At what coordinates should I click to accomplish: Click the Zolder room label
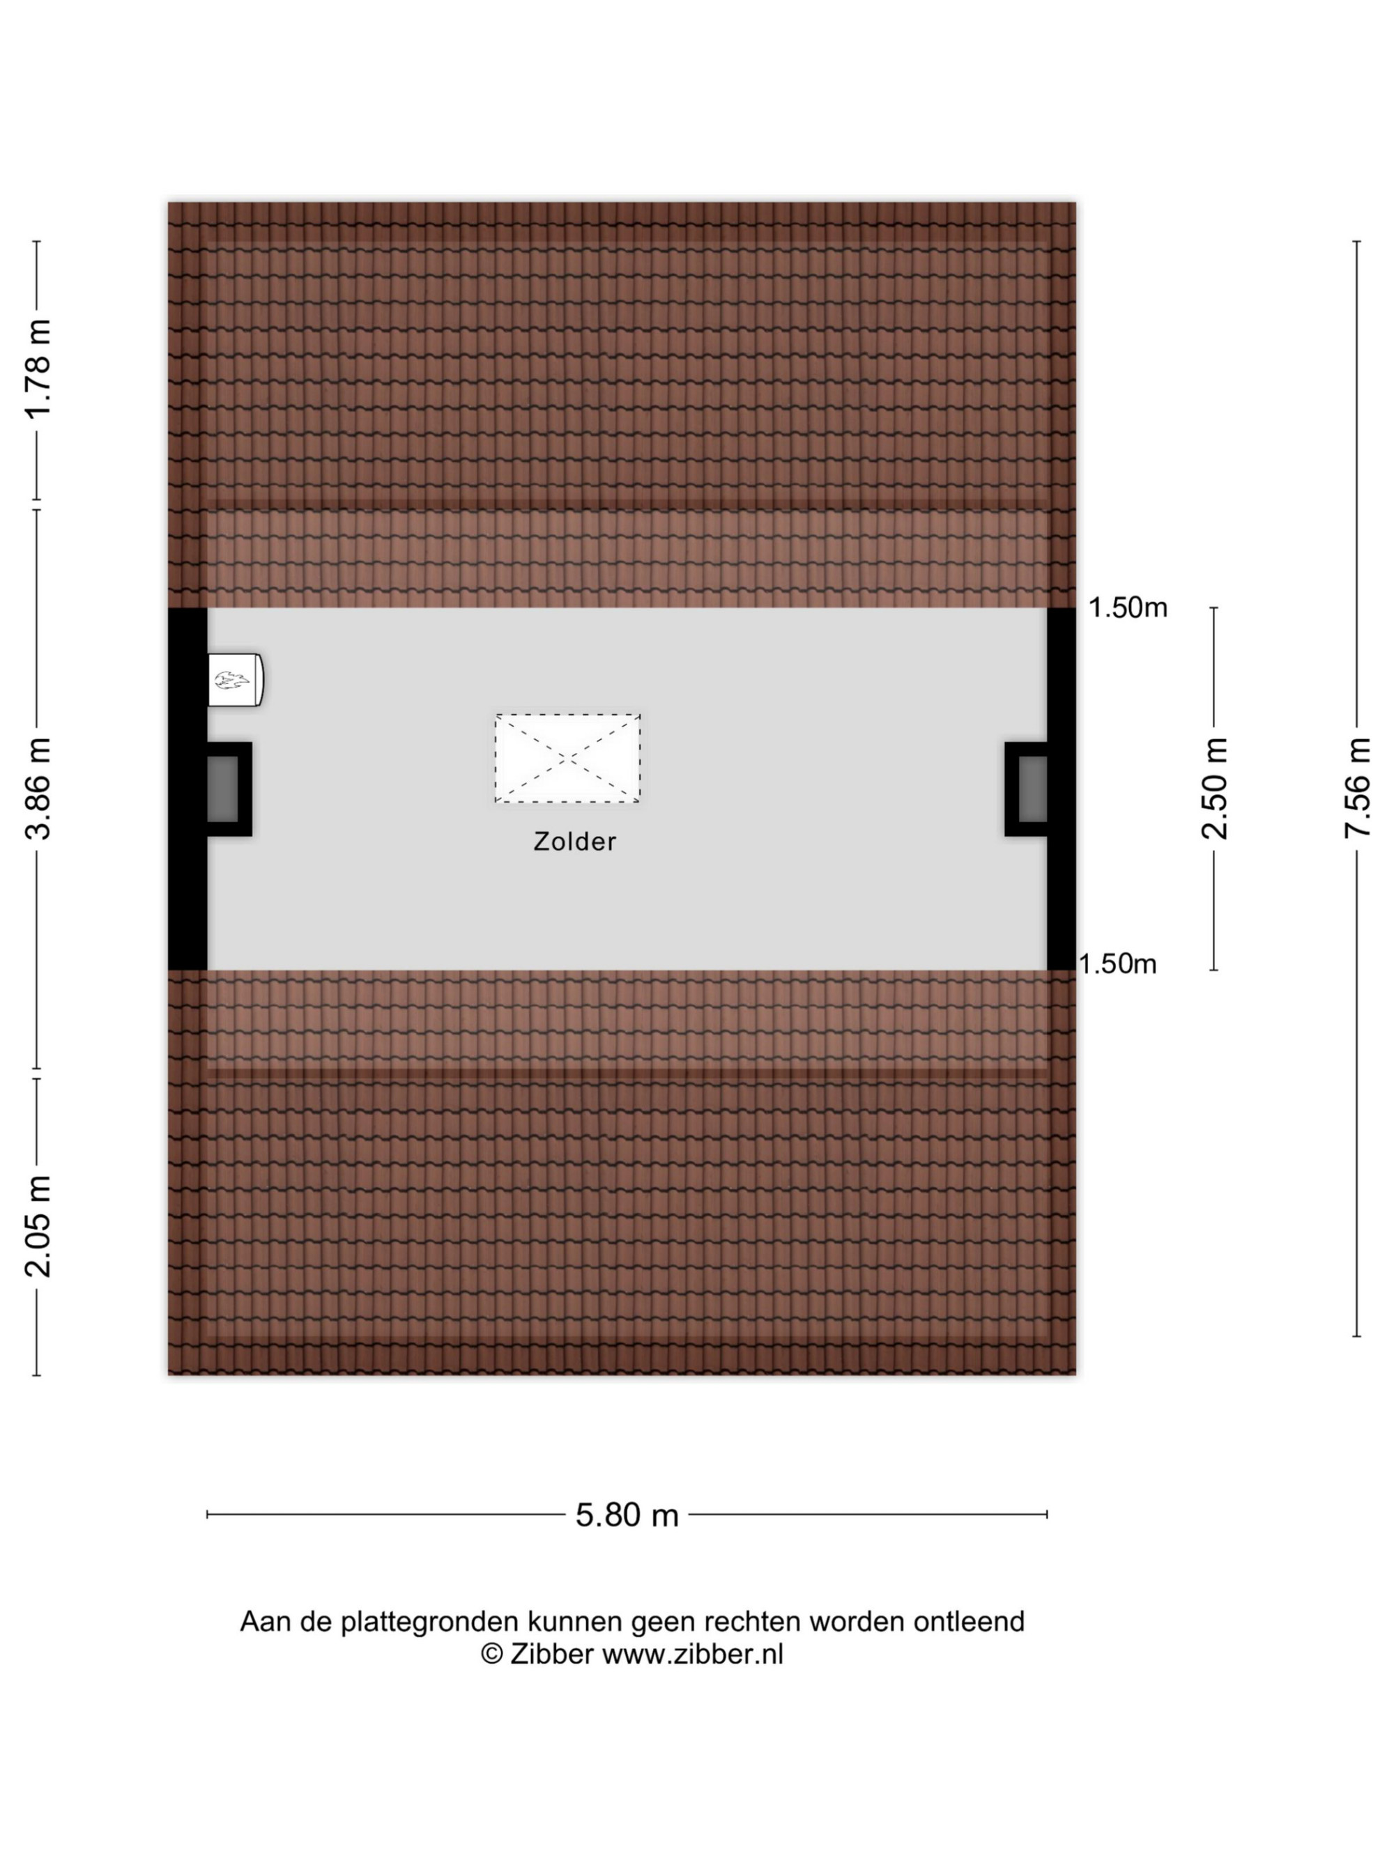pos(575,841)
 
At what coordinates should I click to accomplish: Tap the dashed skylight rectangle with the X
pos(567,759)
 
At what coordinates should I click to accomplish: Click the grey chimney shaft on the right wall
pos(1033,789)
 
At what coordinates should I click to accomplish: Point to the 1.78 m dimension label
pos(38,369)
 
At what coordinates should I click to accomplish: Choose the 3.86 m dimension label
pos(38,789)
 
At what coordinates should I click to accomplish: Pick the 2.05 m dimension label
pos(38,1226)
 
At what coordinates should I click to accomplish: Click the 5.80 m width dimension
pos(627,1515)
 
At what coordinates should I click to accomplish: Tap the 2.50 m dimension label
pos(1215,789)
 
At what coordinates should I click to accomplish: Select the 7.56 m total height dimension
pos(1358,788)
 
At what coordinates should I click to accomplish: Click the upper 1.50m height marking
pos(1128,607)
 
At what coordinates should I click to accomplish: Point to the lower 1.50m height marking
pos(1117,963)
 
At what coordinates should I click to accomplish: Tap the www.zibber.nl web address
pos(692,1654)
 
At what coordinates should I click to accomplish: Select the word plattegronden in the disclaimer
pos(429,1622)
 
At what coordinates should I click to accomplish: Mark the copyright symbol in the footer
pos(491,1654)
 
